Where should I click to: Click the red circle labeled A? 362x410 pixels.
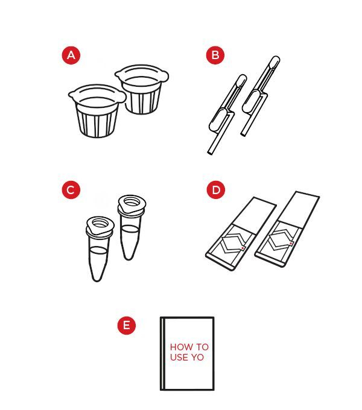tap(71, 55)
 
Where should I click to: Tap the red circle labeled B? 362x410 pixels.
tap(215, 55)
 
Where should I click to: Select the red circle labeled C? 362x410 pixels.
tap(71, 190)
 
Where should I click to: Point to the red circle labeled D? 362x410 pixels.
tap(216, 189)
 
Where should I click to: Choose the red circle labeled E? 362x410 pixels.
tap(127, 325)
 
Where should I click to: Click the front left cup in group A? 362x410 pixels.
tap(97, 110)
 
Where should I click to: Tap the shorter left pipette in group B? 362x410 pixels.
tap(226, 115)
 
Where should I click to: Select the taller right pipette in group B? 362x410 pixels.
tap(259, 96)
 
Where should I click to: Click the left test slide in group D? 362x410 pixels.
tap(241, 233)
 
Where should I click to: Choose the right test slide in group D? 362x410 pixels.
tap(287, 229)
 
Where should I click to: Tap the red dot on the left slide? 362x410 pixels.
tap(243, 248)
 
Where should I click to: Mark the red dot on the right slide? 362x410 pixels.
tap(291, 244)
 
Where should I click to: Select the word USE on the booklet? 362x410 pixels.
tap(179, 358)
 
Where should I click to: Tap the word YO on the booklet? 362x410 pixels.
tap(197, 358)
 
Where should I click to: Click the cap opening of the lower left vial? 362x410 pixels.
tap(100, 224)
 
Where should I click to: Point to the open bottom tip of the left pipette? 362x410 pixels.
tap(210, 153)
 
